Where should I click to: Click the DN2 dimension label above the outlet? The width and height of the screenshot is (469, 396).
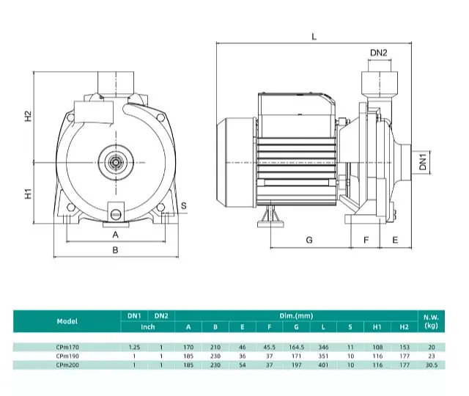[x=378, y=53]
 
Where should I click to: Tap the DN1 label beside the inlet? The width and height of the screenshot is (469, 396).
[x=423, y=162]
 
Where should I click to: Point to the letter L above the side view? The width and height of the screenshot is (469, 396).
[x=314, y=37]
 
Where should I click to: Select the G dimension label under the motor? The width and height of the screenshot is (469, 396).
[x=309, y=240]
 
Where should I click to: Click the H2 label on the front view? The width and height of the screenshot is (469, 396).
[x=28, y=116]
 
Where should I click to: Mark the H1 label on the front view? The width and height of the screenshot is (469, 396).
[x=28, y=194]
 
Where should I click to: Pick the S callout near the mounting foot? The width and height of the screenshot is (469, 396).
[x=184, y=205]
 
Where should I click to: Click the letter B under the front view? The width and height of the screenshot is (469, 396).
[x=115, y=250]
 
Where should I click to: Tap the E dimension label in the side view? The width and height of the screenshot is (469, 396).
[x=395, y=240]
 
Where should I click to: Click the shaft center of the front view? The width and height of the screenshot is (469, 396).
[x=116, y=163]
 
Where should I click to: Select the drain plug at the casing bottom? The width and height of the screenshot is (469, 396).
[x=116, y=214]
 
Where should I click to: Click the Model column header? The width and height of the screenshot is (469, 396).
[x=67, y=321]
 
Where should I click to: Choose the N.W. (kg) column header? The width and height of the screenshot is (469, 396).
[x=431, y=321]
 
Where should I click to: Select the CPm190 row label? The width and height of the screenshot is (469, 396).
[x=67, y=356]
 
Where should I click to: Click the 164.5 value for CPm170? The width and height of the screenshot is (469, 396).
[x=296, y=347]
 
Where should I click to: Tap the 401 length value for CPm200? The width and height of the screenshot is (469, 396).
[x=323, y=365]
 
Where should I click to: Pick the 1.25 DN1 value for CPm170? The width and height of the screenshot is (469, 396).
[x=134, y=347]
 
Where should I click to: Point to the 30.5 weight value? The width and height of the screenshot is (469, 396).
[x=432, y=365]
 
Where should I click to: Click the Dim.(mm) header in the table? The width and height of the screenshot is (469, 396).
[x=296, y=316]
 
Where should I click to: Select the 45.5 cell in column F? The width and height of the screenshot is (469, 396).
[x=269, y=347]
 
